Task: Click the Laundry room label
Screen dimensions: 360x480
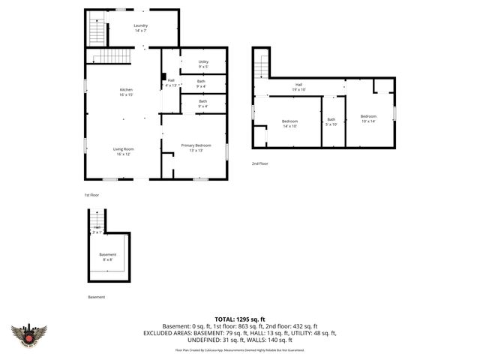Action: tap(140, 27)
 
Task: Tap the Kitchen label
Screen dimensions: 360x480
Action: tap(125, 91)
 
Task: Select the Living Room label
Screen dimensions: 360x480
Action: tap(122, 151)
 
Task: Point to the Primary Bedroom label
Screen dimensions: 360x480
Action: tap(196, 147)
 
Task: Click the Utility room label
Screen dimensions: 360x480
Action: tap(203, 63)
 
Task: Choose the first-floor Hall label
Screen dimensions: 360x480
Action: tap(171, 82)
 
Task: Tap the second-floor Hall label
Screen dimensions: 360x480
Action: tap(298, 86)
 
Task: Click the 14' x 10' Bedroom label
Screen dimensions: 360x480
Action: tap(289, 123)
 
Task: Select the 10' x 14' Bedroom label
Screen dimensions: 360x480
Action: tap(368, 118)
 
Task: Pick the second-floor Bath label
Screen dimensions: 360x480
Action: tap(331, 121)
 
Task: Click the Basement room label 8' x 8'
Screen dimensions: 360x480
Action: tap(108, 256)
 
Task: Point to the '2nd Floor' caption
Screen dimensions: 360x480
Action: tap(259, 163)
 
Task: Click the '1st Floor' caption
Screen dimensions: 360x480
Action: tap(91, 195)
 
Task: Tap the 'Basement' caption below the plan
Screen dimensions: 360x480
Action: tap(96, 297)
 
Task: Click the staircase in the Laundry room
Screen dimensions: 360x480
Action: tap(95, 32)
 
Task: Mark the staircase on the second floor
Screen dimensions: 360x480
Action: tap(260, 67)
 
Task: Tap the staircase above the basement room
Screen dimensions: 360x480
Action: tap(96, 221)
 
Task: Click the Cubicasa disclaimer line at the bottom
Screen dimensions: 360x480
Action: tap(245, 350)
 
